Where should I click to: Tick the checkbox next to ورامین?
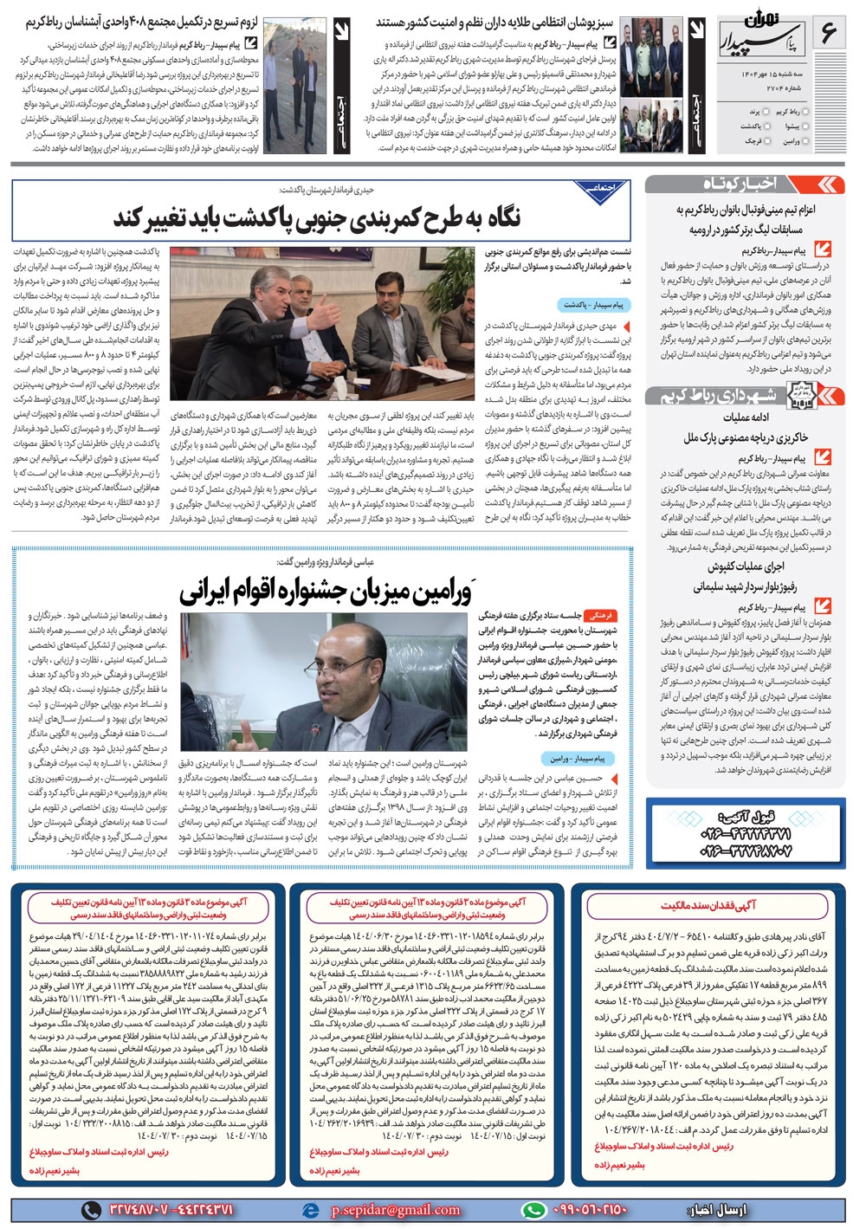(x=807, y=141)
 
